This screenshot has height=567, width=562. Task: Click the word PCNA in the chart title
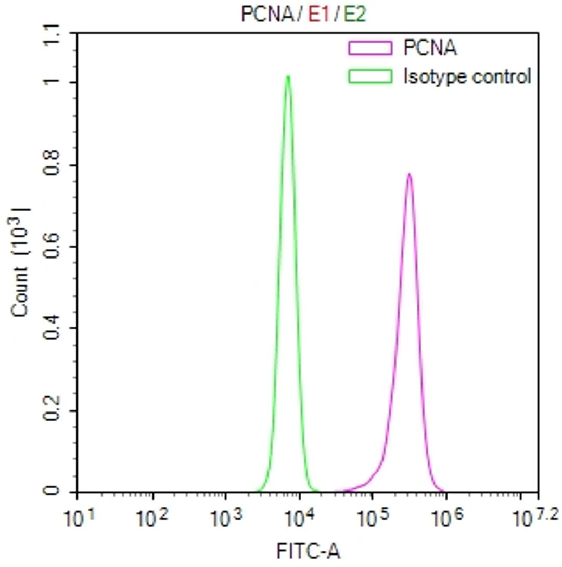266,15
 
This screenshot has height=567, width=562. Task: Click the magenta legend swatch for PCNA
370,49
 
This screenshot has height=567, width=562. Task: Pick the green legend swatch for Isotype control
370,76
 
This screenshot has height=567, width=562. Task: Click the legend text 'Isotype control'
467,76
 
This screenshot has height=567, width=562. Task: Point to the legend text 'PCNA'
430,49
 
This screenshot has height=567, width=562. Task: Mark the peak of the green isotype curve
288,77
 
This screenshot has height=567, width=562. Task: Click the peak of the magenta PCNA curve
410,174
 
